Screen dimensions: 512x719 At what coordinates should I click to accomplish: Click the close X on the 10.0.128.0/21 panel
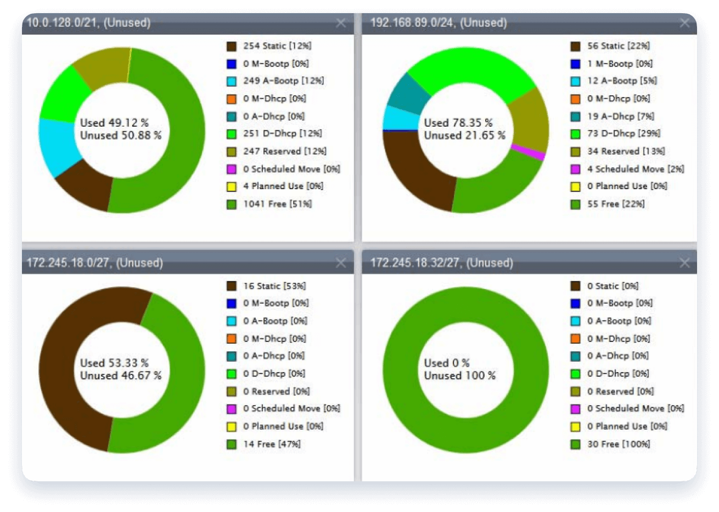[x=341, y=23]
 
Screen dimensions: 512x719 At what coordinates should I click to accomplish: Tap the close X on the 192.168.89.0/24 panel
[x=684, y=23]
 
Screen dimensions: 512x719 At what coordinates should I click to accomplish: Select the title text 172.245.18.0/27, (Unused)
[x=95, y=263]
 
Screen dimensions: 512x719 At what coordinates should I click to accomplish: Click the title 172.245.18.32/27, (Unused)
[x=442, y=263]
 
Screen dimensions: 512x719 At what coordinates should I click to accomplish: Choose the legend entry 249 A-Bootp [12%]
[x=283, y=81]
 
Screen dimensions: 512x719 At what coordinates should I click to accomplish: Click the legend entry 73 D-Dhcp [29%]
[x=623, y=133]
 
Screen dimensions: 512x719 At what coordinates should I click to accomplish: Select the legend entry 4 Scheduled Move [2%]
[x=636, y=169]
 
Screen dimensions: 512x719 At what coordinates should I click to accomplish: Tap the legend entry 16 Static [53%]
[x=274, y=286]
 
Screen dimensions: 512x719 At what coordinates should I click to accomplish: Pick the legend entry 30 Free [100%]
[x=619, y=444]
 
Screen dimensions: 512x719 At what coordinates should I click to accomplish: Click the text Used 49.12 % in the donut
[x=114, y=123]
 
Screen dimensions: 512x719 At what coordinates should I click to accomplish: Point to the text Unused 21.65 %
[x=464, y=135]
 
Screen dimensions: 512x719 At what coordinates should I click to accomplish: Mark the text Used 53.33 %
[x=114, y=363]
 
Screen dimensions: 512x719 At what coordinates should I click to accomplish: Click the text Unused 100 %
[x=459, y=376]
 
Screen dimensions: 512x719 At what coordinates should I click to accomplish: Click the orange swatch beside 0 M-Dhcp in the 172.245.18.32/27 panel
[x=575, y=339]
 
